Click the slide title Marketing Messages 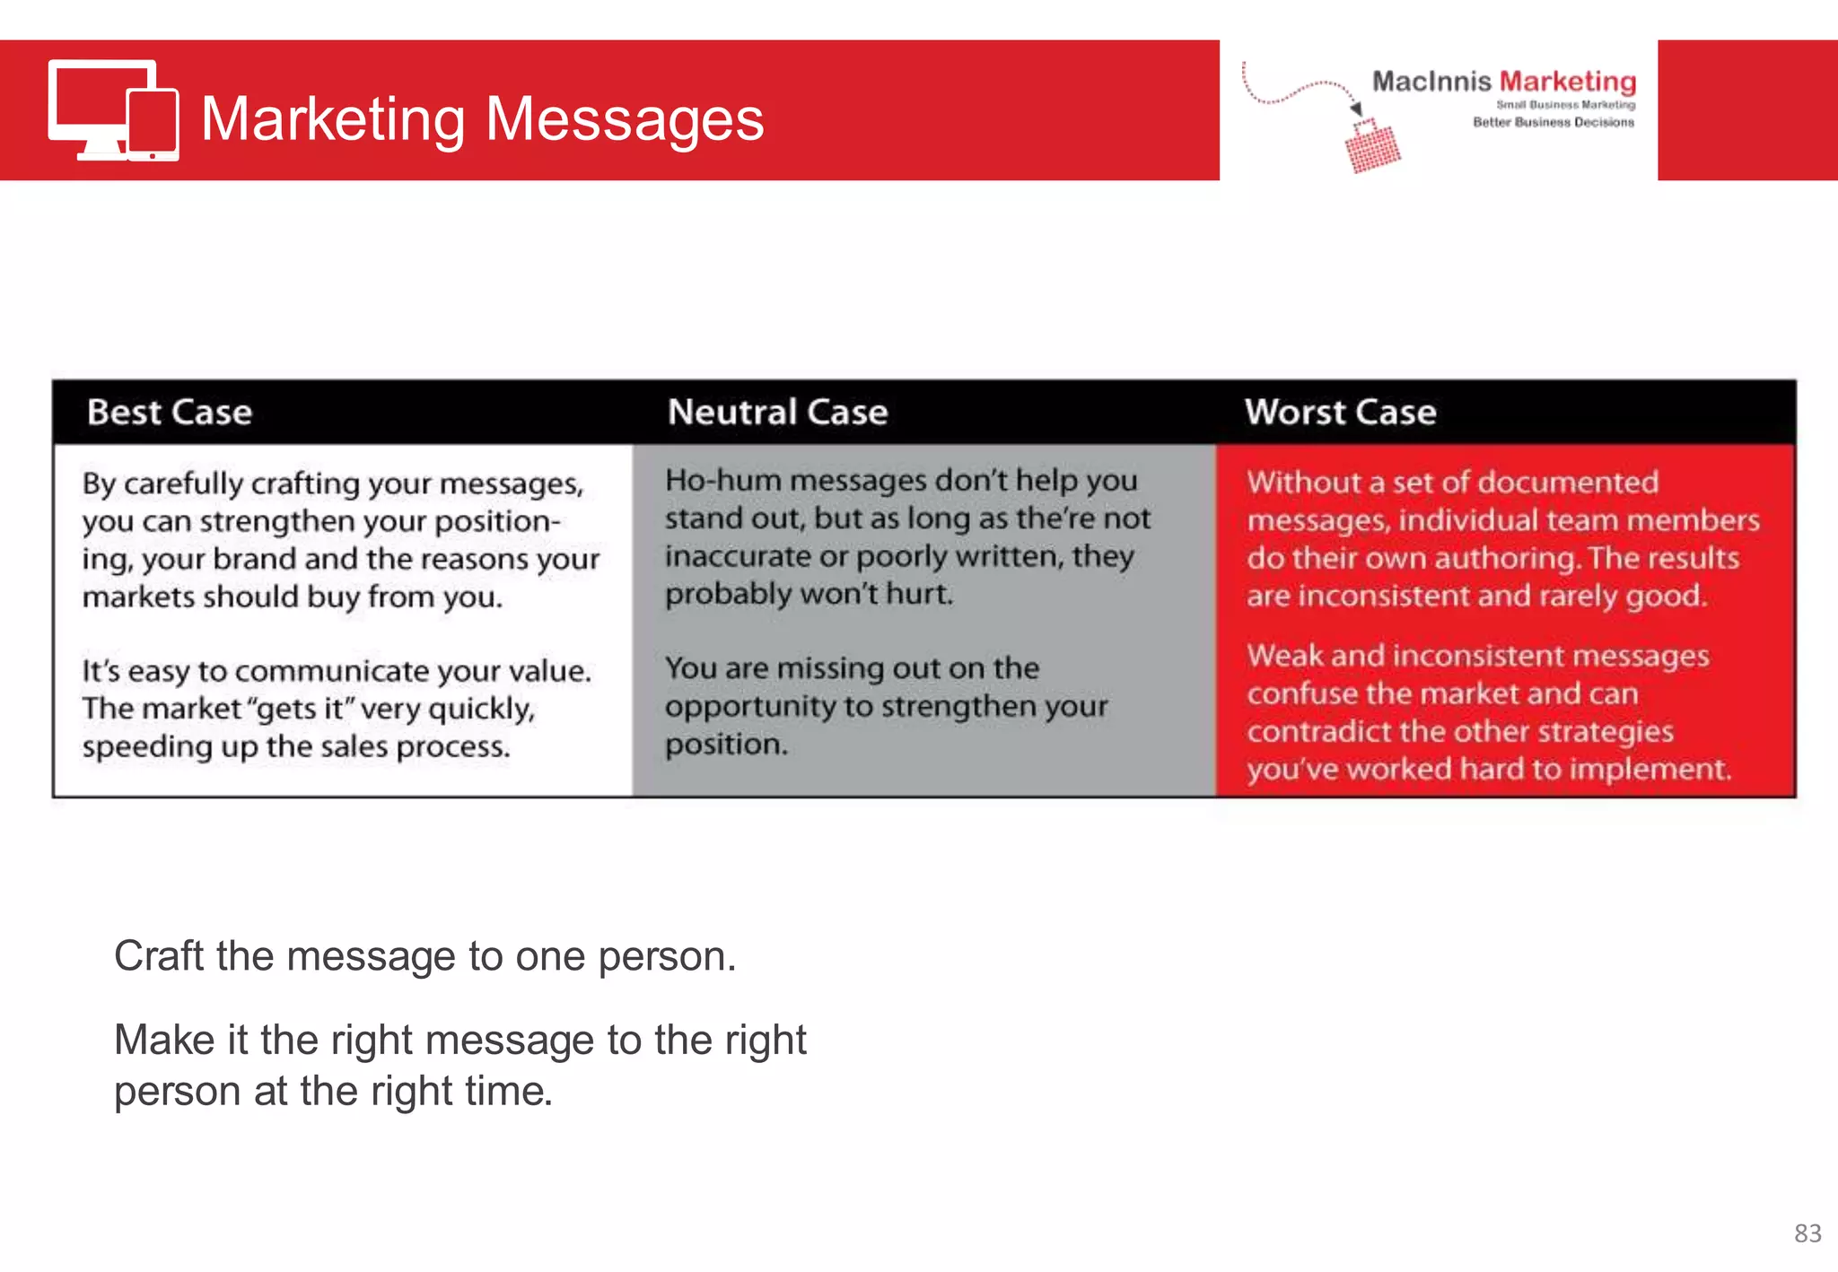click(x=482, y=119)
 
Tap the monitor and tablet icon click(x=113, y=110)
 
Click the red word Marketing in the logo click(x=1568, y=82)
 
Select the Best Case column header click(x=170, y=413)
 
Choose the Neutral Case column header click(x=777, y=413)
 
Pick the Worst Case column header click(x=1340, y=413)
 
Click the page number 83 click(x=1807, y=1233)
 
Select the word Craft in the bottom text click(x=159, y=956)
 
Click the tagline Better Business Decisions click(x=1553, y=122)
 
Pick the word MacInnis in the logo click(x=1431, y=82)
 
